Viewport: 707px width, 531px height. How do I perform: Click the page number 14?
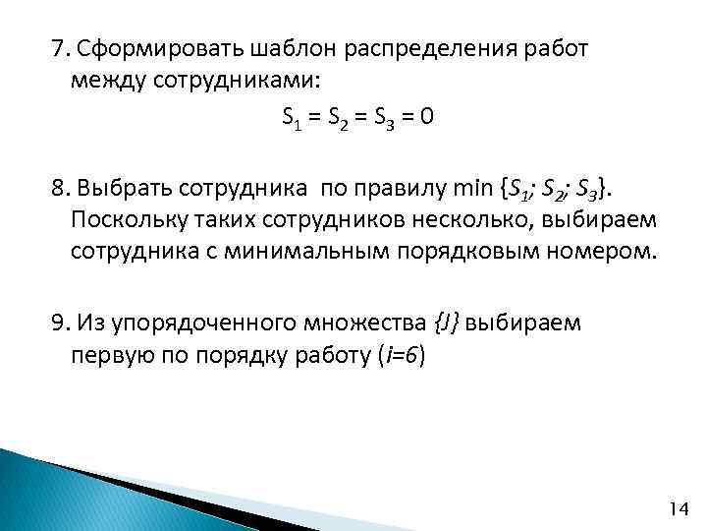click(x=678, y=508)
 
